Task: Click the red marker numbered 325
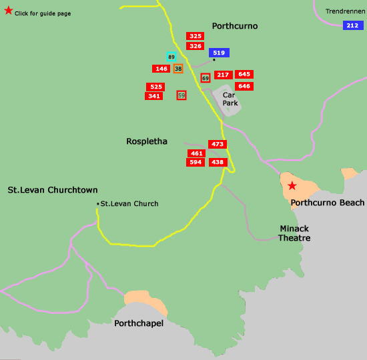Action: pyautogui.click(x=196, y=36)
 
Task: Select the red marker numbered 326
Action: pyautogui.click(x=196, y=46)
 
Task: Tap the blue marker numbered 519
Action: pyautogui.click(x=219, y=53)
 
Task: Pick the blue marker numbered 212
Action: pyautogui.click(x=353, y=25)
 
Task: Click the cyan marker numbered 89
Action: pyautogui.click(x=171, y=57)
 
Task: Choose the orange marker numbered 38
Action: pyautogui.click(x=178, y=69)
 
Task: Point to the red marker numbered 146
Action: pyautogui.click(x=161, y=69)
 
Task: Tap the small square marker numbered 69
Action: pyautogui.click(x=206, y=78)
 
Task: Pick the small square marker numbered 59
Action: pyautogui.click(x=181, y=95)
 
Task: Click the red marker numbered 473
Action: pyautogui.click(x=218, y=144)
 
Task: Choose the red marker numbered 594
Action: pyautogui.click(x=196, y=162)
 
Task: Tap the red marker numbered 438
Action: pyautogui.click(x=218, y=162)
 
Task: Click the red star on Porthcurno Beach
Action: pyautogui.click(x=292, y=185)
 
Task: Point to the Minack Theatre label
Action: pyautogui.click(x=294, y=233)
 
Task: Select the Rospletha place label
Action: pyautogui.click(x=147, y=141)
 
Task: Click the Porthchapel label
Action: pyautogui.click(x=139, y=323)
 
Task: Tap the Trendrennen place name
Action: pyautogui.click(x=344, y=11)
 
